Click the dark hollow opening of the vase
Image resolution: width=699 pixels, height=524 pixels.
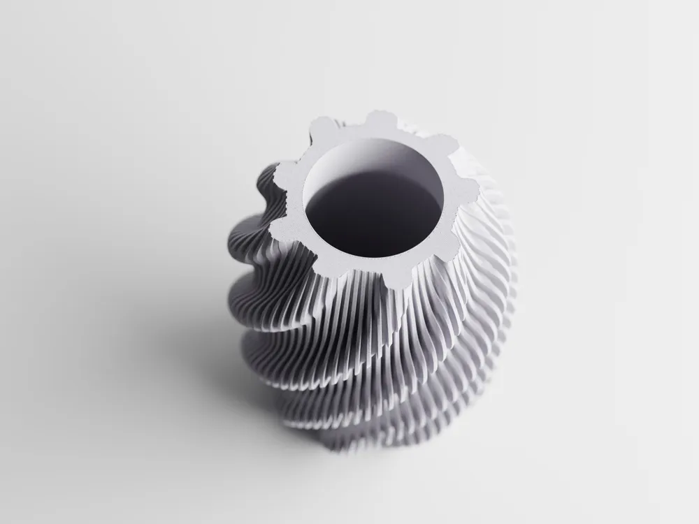[x=374, y=210]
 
